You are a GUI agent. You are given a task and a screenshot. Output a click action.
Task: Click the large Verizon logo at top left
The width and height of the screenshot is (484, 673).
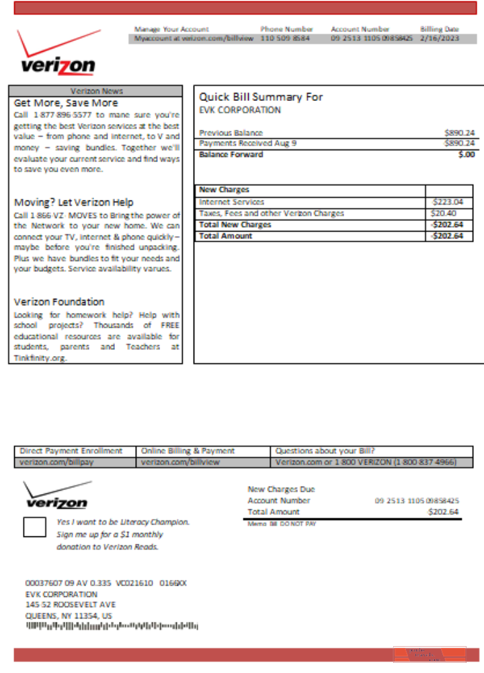pyautogui.click(x=57, y=54)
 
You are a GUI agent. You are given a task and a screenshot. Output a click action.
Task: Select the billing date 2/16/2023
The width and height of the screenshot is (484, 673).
pyautogui.click(x=439, y=39)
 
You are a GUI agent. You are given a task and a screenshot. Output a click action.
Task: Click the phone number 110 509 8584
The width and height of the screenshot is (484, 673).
pyautogui.click(x=286, y=39)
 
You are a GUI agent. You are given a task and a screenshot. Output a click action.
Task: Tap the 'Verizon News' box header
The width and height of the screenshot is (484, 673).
pyautogui.click(x=96, y=91)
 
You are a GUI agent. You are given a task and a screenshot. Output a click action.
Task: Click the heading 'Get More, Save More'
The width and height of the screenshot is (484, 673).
pyautogui.click(x=66, y=103)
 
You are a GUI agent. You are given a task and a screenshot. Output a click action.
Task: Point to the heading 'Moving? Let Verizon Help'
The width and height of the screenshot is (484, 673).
pyautogui.click(x=74, y=203)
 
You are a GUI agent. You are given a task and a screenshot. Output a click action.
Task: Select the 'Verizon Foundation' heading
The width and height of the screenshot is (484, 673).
pyautogui.click(x=59, y=302)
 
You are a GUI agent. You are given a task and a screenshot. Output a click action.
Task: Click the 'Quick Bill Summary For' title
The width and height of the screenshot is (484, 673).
pyautogui.click(x=261, y=97)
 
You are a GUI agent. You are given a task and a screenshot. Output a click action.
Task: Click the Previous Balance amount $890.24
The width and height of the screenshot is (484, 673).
pyautogui.click(x=459, y=133)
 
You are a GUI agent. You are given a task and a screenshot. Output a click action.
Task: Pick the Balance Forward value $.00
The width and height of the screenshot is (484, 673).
pyautogui.click(x=466, y=155)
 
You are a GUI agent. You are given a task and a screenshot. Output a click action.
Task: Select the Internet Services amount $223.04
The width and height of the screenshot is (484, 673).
pyautogui.click(x=448, y=202)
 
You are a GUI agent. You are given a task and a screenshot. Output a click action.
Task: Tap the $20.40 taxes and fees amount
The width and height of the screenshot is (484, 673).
pyautogui.click(x=444, y=213)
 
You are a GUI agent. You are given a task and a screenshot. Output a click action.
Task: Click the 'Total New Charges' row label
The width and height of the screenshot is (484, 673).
pyautogui.click(x=235, y=225)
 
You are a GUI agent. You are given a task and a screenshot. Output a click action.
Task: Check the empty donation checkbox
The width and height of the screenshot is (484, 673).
pyautogui.click(x=34, y=527)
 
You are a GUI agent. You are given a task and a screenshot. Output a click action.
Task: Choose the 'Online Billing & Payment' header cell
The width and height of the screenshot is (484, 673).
pyautogui.click(x=188, y=451)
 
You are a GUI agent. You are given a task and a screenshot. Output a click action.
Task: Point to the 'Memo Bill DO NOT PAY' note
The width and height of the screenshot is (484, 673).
pyautogui.click(x=282, y=524)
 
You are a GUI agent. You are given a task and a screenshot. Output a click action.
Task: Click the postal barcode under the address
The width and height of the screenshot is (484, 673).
pyautogui.click(x=112, y=627)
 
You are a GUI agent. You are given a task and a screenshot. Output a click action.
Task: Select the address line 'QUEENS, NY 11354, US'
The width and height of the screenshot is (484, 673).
pyautogui.click(x=69, y=615)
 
